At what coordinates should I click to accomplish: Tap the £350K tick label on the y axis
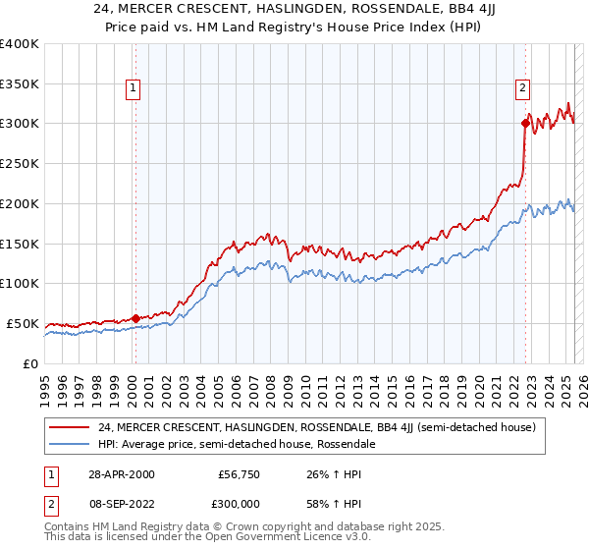point(20,83)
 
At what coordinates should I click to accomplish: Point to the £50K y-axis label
point(23,323)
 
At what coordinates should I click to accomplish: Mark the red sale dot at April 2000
point(135,317)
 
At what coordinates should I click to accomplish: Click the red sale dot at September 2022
point(525,123)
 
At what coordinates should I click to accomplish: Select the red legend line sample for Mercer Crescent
point(70,427)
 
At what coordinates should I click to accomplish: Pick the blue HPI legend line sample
point(70,444)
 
